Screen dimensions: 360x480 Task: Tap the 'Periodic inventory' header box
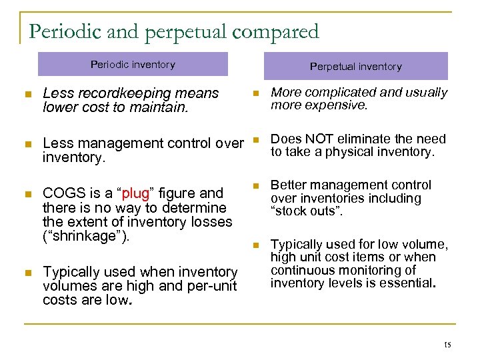[133, 65]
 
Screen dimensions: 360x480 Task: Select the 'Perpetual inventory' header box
[356, 67]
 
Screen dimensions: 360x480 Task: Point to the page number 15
[447, 345]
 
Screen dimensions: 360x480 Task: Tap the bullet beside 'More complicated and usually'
[255, 94]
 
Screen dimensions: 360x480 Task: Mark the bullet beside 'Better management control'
[255, 187]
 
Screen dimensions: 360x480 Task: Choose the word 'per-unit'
[215, 286]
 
